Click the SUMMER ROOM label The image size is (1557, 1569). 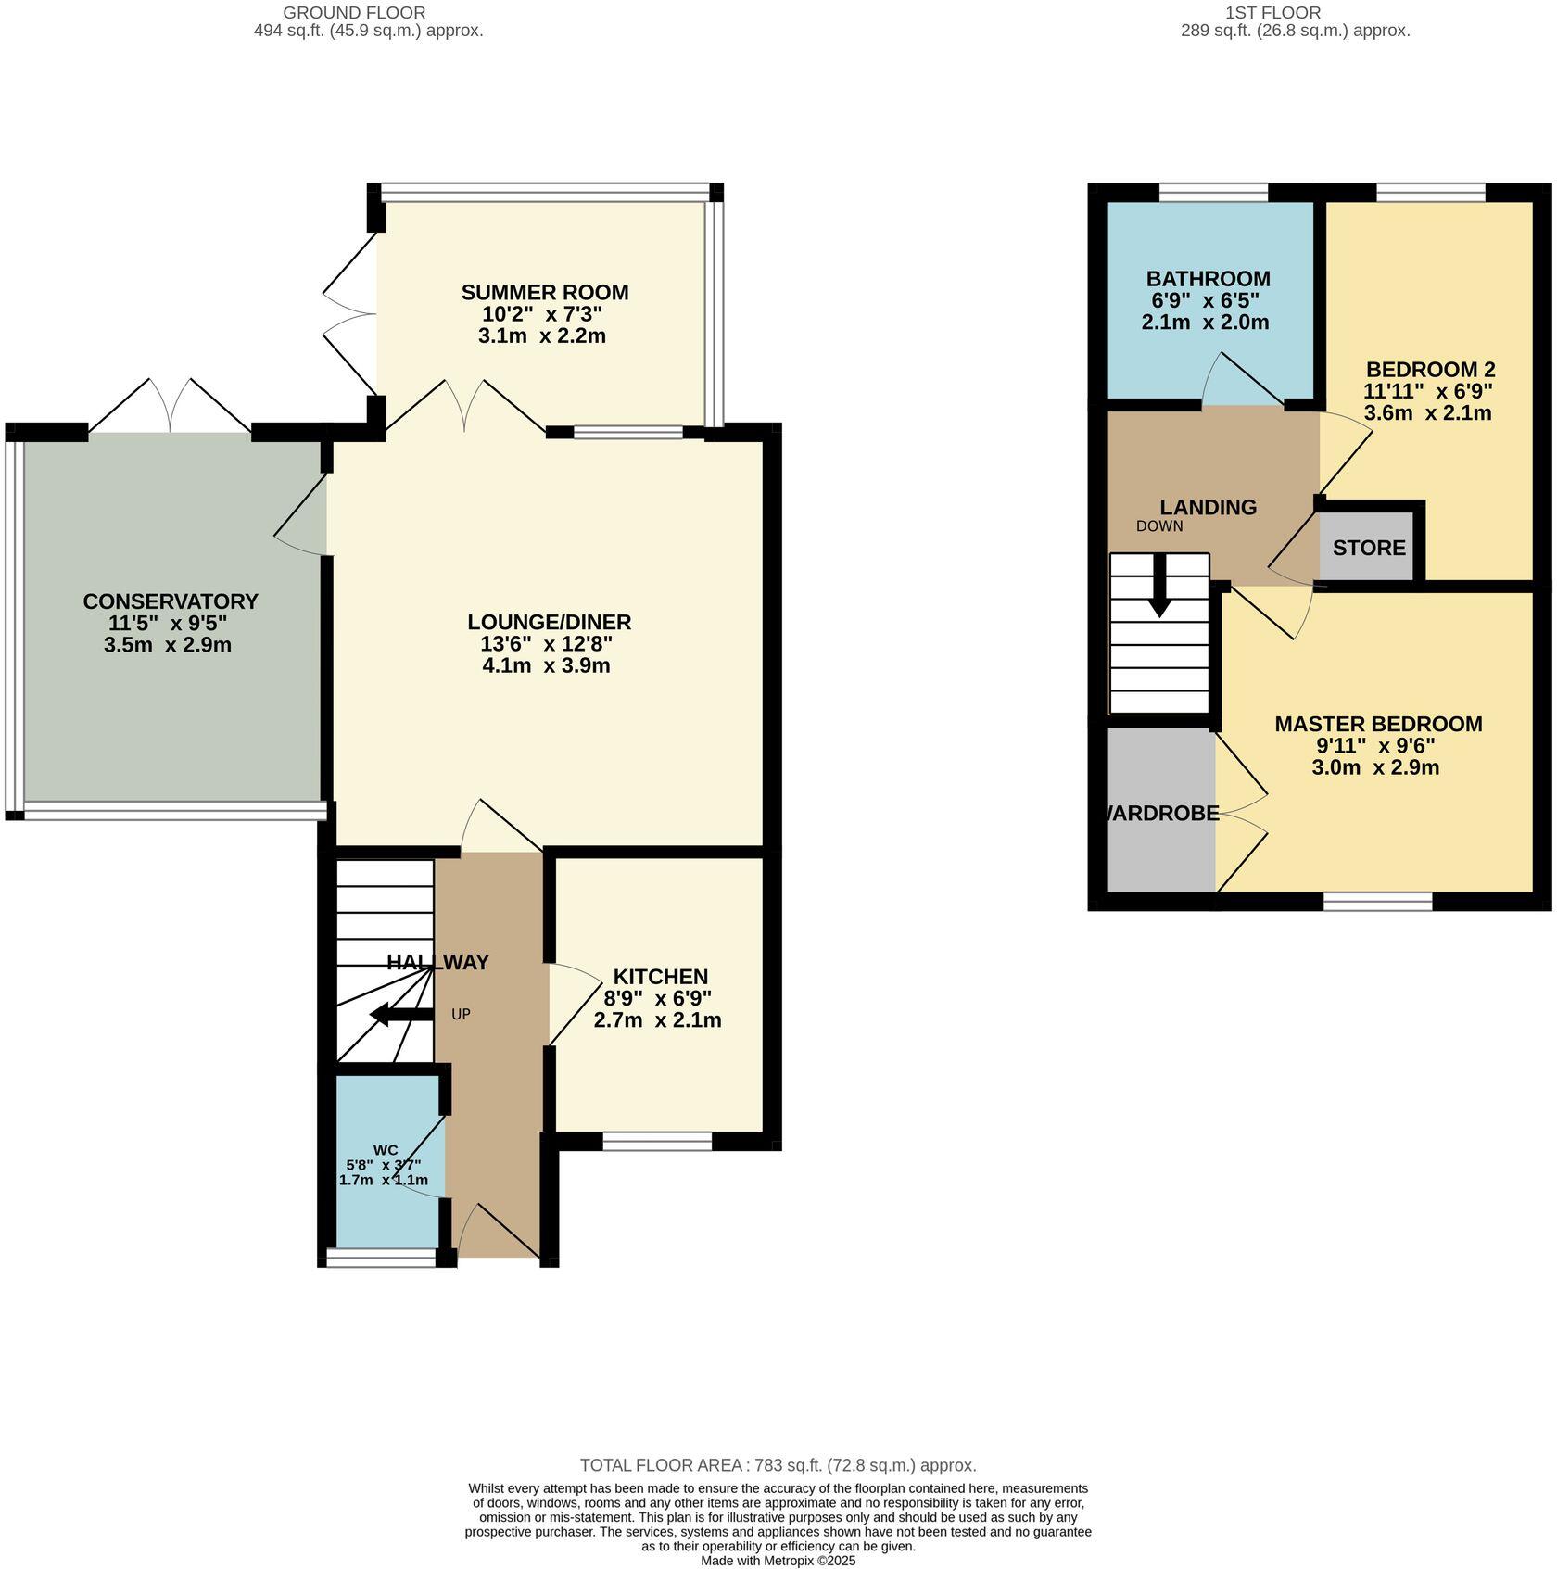click(545, 293)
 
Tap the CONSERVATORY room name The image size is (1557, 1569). click(171, 601)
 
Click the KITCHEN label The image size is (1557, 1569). click(660, 977)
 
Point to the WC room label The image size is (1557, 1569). click(386, 1150)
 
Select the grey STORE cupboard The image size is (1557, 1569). click(1369, 548)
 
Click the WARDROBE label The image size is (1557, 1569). click(1161, 814)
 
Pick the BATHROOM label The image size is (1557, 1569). click(1208, 279)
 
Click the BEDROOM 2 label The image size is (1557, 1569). click(1430, 369)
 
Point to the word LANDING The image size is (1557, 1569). click(1208, 507)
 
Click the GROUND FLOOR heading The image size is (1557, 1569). click(354, 13)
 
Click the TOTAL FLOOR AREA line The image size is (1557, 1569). click(778, 1465)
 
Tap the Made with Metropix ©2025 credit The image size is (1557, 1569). click(778, 1561)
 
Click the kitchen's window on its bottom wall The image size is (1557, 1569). click(657, 1142)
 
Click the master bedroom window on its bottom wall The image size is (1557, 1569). click(1377, 901)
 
